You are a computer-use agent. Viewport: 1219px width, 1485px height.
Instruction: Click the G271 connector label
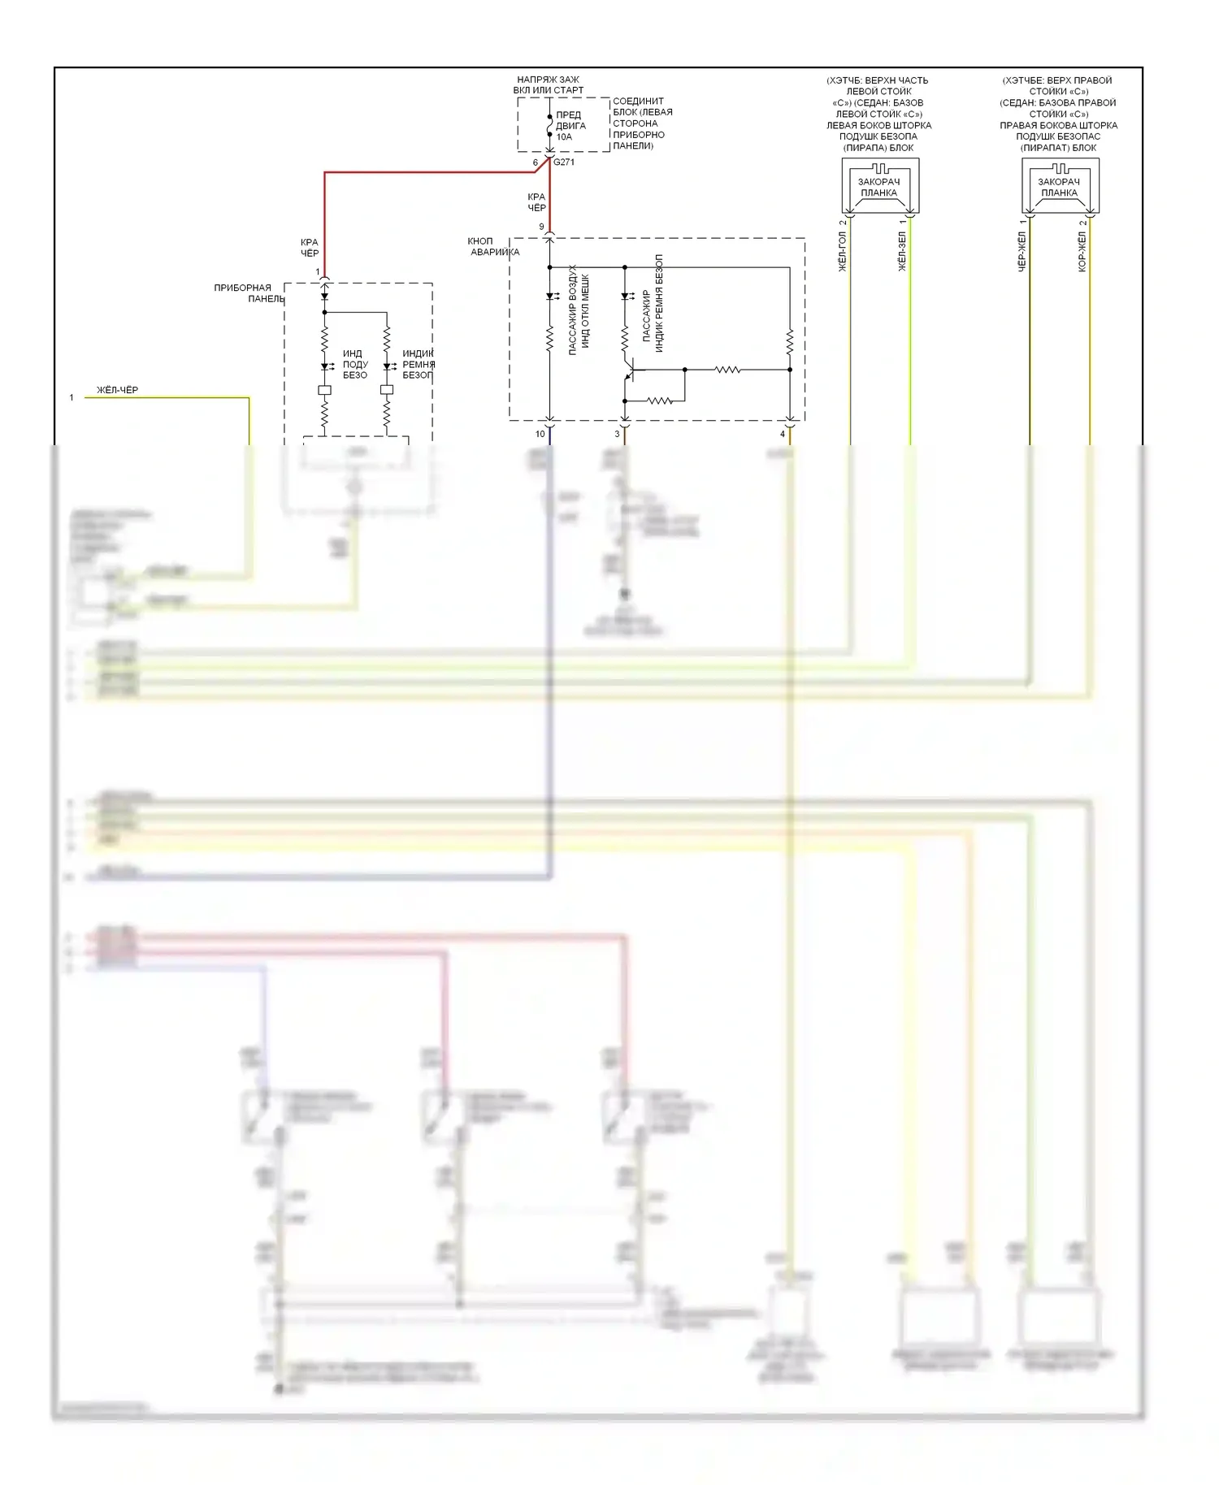pos(564,162)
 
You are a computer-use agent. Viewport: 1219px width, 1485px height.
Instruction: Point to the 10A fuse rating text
pos(564,137)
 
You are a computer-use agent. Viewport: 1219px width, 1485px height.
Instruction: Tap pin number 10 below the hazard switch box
pos(540,435)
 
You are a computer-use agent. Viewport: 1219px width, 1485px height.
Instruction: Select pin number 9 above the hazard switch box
pos(541,227)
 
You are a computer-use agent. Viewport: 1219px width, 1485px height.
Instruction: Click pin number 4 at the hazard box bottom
pos(783,435)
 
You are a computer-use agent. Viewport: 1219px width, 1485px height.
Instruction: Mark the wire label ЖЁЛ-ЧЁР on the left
pos(118,391)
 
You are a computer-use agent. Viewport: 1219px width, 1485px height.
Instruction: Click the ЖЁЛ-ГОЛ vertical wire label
pos(843,252)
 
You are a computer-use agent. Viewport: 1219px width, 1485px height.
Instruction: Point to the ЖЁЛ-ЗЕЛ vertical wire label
pos(902,252)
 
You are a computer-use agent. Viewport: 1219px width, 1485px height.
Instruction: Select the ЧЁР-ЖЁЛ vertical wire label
pos(1022,252)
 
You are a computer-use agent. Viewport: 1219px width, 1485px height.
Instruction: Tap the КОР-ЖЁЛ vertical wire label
pos(1082,252)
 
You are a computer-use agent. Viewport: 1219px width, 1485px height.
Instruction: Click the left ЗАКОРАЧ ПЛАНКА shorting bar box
pos(879,188)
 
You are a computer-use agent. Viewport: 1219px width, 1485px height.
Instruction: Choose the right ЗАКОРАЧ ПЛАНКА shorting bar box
pos(1060,188)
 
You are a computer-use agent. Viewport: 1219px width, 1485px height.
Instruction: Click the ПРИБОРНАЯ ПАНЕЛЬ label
pos(249,293)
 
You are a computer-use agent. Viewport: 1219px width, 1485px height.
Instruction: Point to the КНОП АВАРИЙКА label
pos(492,247)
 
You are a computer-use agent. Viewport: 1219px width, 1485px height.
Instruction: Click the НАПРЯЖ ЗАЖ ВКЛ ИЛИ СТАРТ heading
pos(549,85)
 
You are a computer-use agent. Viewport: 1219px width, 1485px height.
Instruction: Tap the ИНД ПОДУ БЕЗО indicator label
pos(355,365)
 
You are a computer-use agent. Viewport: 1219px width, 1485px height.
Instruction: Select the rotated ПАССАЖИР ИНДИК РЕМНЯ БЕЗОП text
pos(653,304)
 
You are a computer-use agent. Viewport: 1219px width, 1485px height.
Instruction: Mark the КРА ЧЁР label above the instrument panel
pos(310,248)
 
